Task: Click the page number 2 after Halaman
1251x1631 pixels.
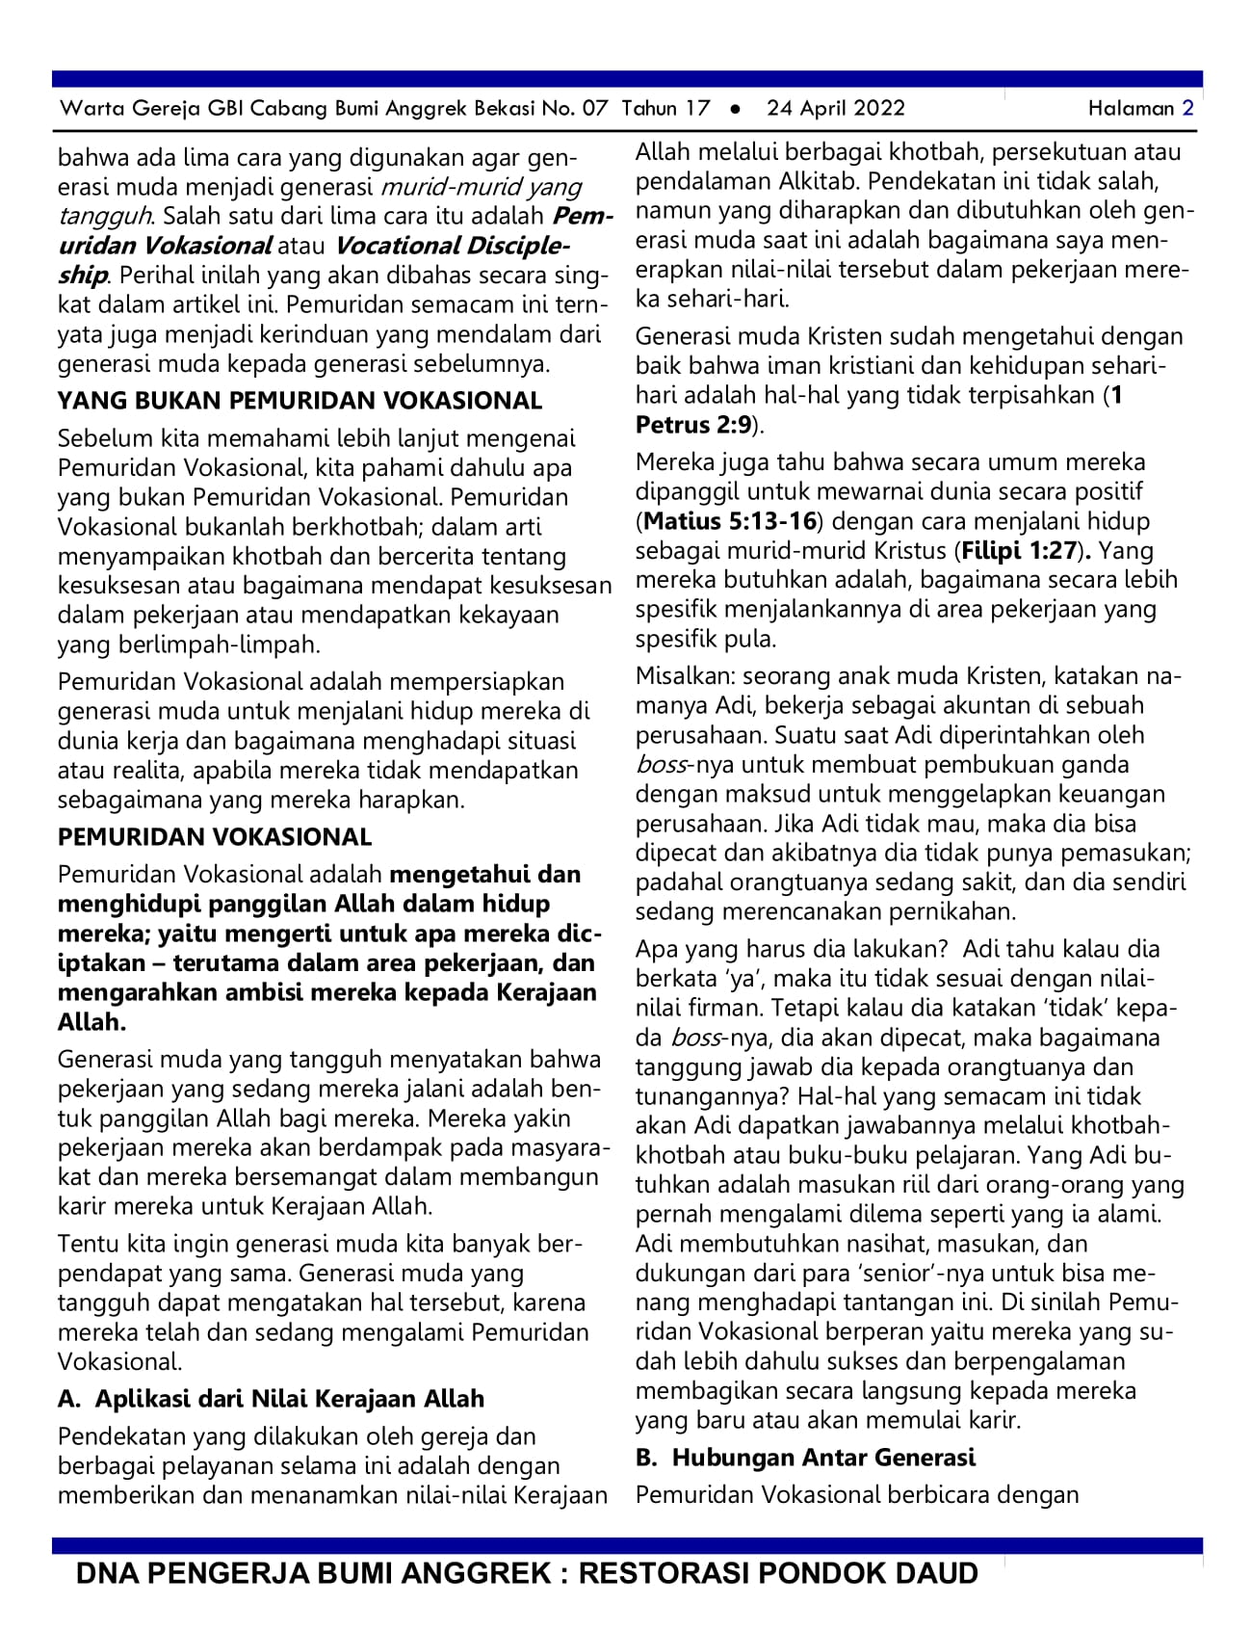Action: click(1187, 108)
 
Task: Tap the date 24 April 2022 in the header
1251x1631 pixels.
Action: click(836, 108)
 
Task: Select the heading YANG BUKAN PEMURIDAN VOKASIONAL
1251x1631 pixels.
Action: click(300, 401)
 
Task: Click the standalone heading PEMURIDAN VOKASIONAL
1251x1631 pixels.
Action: click(214, 837)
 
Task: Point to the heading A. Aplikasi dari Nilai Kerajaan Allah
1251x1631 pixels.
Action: click(271, 1399)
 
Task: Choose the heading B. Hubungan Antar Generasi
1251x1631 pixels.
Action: click(805, 1458)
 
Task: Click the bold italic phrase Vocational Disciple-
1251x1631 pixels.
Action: click(453, 246)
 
